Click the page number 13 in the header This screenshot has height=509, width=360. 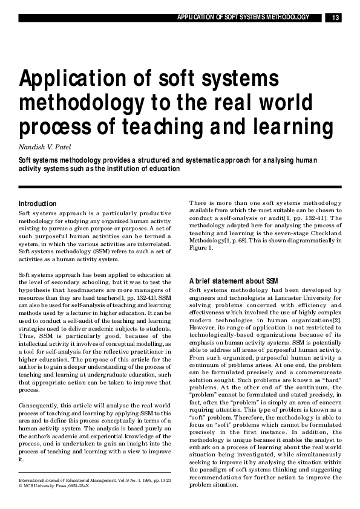[335, 18]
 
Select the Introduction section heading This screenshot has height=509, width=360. [38, 204]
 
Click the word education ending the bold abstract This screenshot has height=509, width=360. [162, 169]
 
